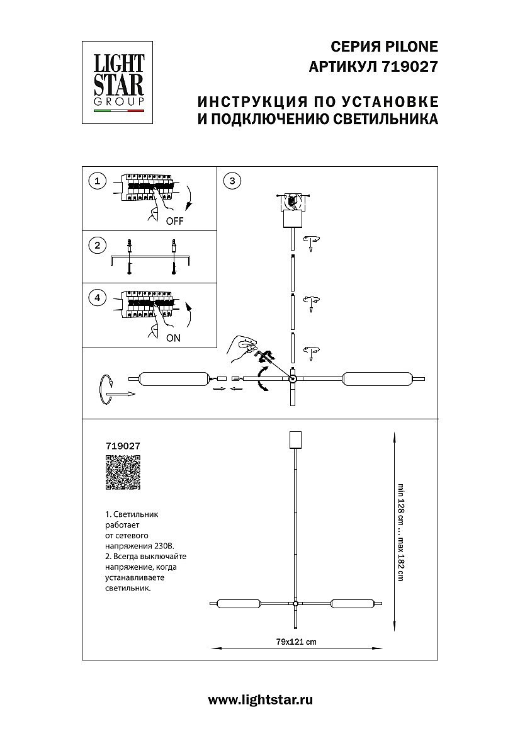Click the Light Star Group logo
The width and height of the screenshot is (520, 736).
pos(119,83)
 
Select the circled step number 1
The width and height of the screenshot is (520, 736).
pos(97,181)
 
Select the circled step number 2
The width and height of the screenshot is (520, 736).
pos(97,245)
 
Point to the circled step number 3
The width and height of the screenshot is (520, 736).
pos(232,181)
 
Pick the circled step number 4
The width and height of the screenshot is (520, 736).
pos(97,298)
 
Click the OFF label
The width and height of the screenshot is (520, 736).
pos(174,222)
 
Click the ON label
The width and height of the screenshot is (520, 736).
pos(173,338)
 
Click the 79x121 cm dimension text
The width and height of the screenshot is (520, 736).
pos(296,642)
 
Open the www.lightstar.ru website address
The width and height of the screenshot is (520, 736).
pos(260,699)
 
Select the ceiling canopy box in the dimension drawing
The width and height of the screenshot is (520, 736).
pos(295,439)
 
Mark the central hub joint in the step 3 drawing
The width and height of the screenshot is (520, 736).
pos(293,379)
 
